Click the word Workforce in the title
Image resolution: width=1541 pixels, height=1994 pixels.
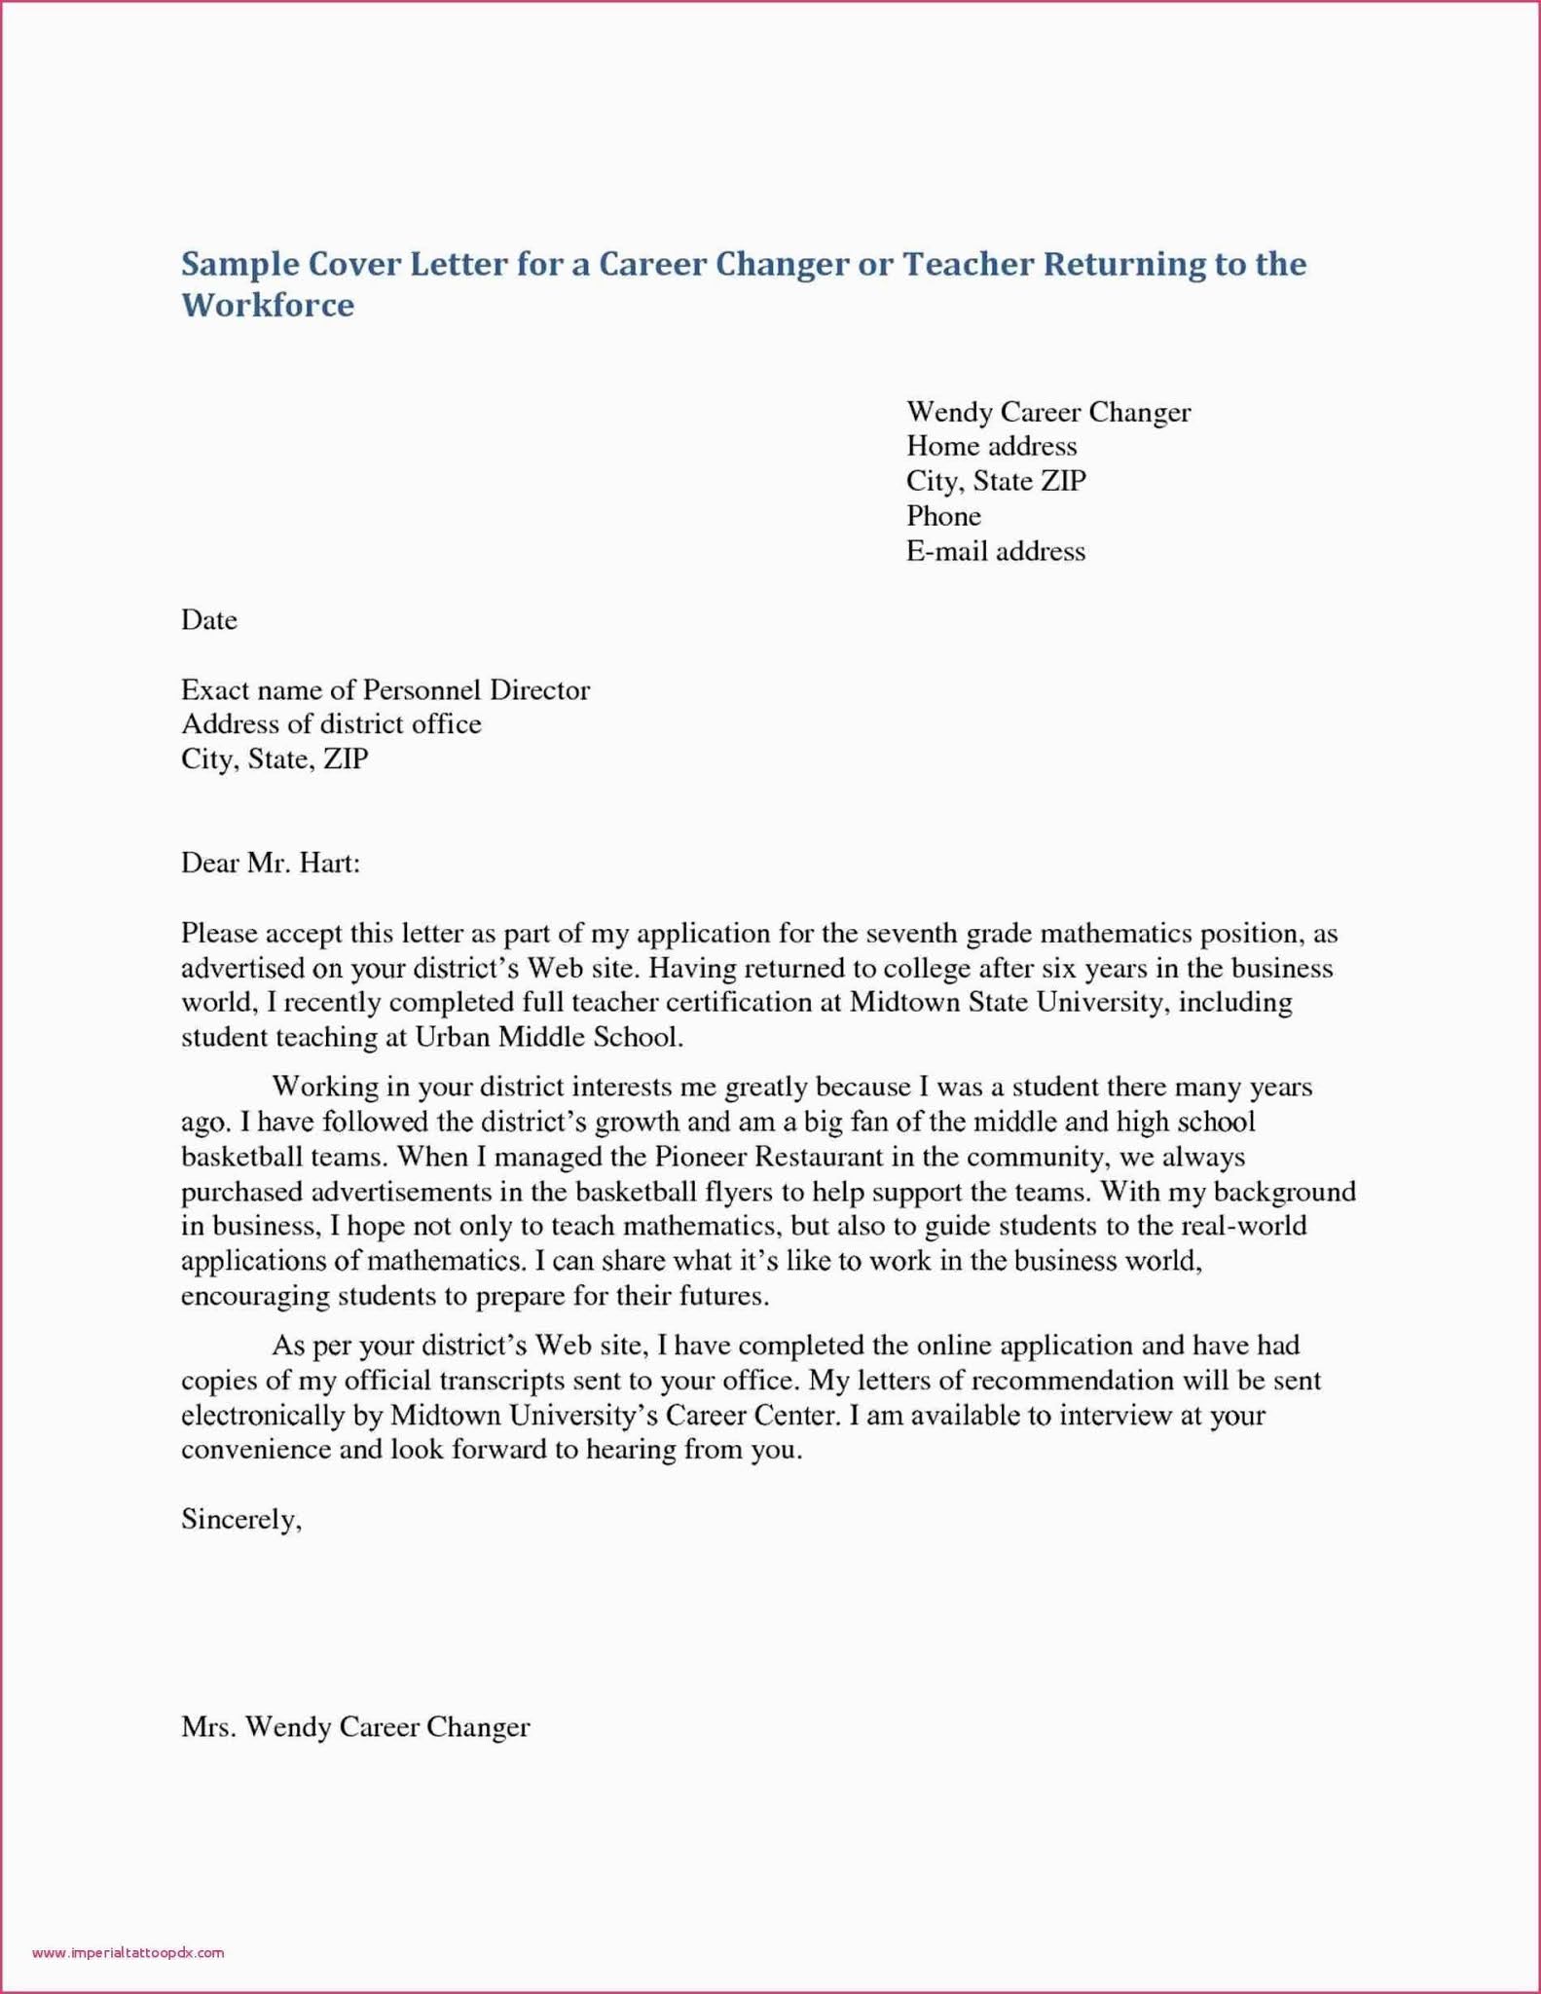268,305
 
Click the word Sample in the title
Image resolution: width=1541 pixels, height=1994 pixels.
238,264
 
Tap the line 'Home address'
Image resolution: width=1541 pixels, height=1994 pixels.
991,446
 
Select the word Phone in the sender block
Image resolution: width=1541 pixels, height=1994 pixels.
943,516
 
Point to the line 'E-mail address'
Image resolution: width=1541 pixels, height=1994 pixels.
995,551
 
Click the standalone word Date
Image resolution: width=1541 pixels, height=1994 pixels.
209,620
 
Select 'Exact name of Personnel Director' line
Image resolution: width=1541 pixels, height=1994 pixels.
385,690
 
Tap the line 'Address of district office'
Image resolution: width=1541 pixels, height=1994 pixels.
331,724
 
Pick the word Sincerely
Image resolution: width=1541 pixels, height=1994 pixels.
241,1519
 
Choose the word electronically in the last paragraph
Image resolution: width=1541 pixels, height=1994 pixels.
277,1415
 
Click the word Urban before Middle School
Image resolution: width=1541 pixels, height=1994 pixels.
453,1037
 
